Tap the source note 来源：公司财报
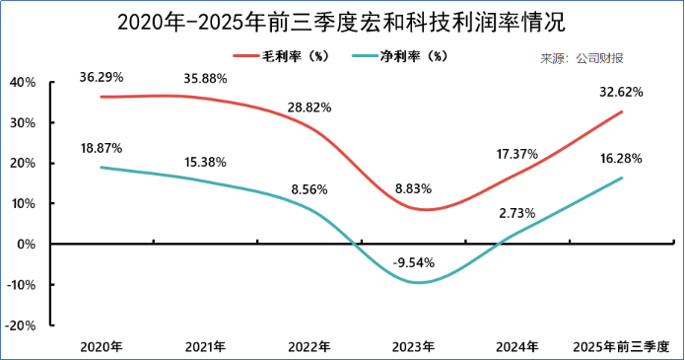click(x=582, y=59)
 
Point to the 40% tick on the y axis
click(x=22, y=83)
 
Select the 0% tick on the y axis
click(x=27, y=244)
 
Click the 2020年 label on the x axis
click(x=102, y=346)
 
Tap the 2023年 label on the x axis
click(x=413, y=346)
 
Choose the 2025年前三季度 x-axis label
click(x=621, y=346)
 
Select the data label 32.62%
click(x=621, y=92)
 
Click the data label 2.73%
click(x=516, y=213)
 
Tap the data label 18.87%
click(x=102, y=148)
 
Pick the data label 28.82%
click(x=309, y=107)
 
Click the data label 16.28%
click(x=621, y=158)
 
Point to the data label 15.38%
click(x=206, y=161)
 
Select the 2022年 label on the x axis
click(x=309, y=346)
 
